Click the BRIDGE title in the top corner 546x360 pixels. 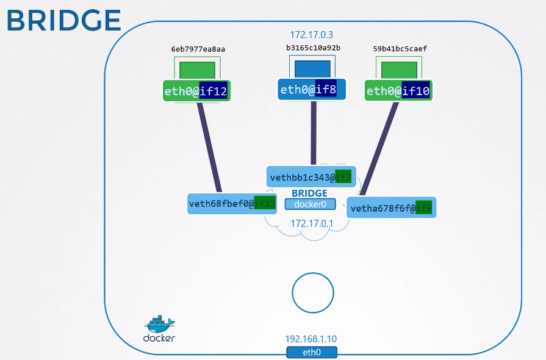64,20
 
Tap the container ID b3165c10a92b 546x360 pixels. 313,48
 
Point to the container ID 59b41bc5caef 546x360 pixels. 399,49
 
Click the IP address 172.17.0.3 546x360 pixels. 312,35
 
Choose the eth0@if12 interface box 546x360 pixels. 196,92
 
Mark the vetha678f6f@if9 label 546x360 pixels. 391,208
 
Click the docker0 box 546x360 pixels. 310,204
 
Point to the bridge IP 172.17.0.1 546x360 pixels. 312,223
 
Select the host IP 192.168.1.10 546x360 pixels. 311,339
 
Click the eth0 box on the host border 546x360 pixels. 312,352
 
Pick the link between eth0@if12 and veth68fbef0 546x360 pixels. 209,146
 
